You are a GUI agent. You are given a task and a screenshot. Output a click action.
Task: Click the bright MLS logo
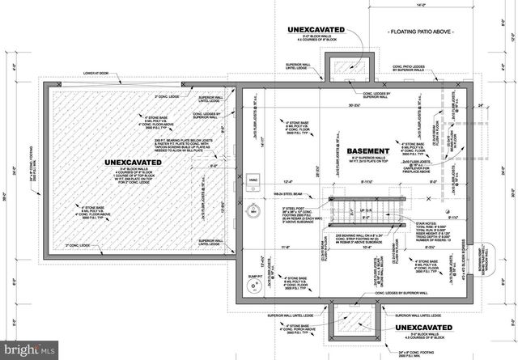tap(30, 350)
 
